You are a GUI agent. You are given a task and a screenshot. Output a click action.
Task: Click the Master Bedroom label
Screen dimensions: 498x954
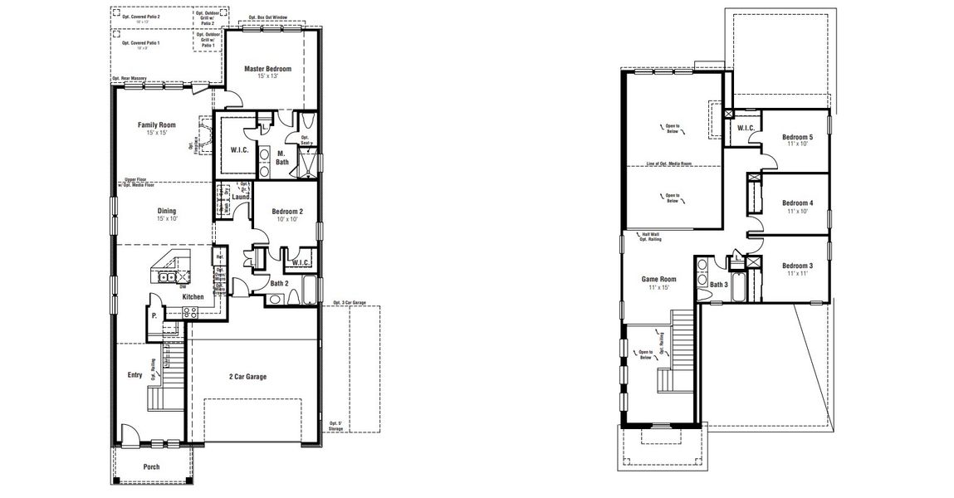(267, 69)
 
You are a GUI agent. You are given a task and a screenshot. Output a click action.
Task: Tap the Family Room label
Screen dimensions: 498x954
(156, 125)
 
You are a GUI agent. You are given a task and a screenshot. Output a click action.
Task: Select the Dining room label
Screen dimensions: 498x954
(167, 211)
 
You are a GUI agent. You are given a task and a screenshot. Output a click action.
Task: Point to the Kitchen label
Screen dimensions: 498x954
(193, 296)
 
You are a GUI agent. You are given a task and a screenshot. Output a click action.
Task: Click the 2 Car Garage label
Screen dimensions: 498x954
(247, 376)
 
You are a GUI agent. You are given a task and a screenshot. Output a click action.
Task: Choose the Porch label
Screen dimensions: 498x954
(151, 466)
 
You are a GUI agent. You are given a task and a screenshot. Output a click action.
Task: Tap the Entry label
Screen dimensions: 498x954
(135, 375)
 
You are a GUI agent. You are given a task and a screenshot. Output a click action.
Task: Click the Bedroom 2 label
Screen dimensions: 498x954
(288, 212)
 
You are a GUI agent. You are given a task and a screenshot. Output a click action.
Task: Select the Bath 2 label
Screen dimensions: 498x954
(279, 283)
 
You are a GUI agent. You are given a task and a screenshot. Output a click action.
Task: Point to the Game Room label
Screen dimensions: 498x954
(658, 280)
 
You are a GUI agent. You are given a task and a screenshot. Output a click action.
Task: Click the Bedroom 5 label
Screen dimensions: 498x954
(797, 137)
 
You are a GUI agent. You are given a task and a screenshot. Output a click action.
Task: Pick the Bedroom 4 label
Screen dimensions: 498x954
(797, 203)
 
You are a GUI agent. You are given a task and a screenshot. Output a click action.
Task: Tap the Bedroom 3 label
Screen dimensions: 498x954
(797, 266)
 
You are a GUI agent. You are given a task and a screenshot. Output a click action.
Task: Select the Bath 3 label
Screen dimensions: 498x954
(718, 285)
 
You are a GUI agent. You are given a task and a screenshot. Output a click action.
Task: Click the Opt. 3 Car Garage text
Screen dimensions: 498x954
(349, 302)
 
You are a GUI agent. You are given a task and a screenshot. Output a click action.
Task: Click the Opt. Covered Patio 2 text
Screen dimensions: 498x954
(141, 16)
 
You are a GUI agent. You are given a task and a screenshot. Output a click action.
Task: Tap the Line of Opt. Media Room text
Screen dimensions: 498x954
(668, 164)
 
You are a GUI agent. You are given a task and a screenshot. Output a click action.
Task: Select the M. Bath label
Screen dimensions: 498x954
(282, 158)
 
